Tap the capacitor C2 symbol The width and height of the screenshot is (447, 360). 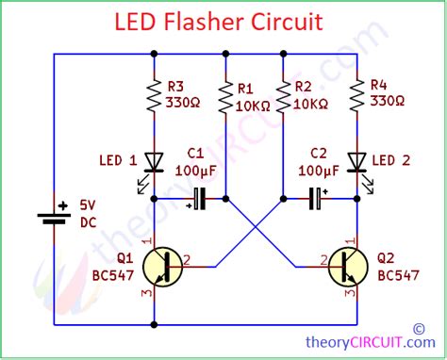click(314, 199)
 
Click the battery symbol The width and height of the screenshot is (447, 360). click(53, 216)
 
